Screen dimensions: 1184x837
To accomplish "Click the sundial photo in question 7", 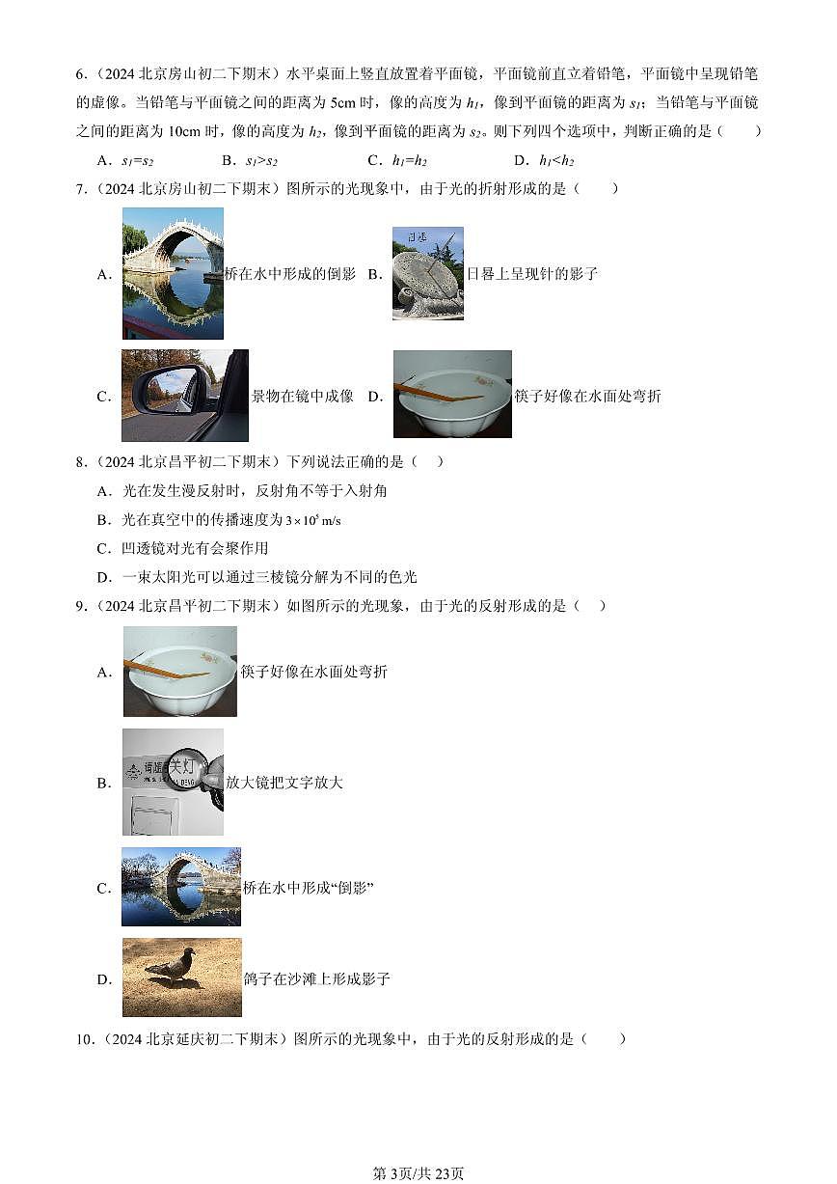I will (427, 273).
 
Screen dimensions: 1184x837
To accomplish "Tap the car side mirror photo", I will (184, 396).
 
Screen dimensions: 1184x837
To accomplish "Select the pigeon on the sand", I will (173, 965).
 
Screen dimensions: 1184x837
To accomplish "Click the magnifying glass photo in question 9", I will (173, 782).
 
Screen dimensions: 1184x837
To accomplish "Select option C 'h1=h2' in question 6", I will (409, 161).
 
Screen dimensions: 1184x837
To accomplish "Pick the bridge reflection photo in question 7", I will (173, 273).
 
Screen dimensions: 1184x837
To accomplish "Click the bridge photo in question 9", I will (181, 887).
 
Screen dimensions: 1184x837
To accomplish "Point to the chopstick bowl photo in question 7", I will (452, 395).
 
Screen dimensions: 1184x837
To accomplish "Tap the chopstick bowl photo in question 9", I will (180, 672).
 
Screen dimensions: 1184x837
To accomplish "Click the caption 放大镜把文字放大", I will (284, 783).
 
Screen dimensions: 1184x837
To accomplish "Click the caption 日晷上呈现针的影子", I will (532, 274).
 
